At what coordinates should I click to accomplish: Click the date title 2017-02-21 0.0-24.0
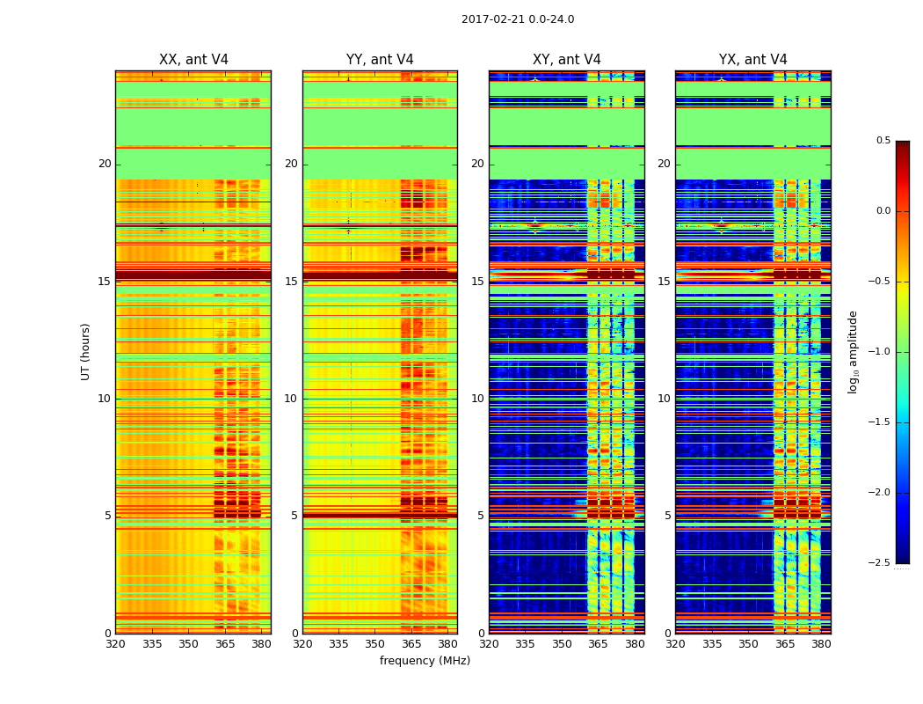[x=518, y=19]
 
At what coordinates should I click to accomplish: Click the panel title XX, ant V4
[x=193, y=60]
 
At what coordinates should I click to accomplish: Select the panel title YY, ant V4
[x=380, y=60]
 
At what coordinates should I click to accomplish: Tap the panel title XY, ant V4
[x=567, y=60]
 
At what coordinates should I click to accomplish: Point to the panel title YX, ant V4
[x=753, y=60]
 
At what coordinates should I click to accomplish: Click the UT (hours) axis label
[x=85, y=351]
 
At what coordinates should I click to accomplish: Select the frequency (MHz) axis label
[x=425, y=661]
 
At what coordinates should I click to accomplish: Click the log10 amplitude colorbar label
[x=852, y=352]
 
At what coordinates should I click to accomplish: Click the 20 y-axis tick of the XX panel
[x=105, y=164]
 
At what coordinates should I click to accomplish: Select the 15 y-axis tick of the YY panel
[x=292, y=282]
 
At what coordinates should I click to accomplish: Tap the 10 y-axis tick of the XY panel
[x=478, y=399]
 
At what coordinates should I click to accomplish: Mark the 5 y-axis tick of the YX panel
[x=668, y=516]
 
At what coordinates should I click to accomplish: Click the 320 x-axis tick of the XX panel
[x=115, y=644]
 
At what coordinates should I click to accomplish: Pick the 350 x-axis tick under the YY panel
[x=374, y=644]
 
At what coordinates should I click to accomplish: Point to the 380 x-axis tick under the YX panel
[x=821, y=644]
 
